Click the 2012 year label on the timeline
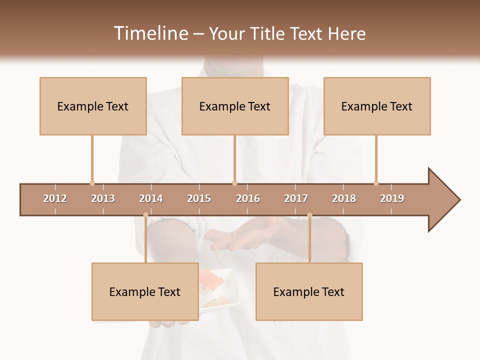[x=55, y=198]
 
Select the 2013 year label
[x=103, y=198]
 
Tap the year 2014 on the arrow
[x=151, y=198]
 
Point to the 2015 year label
[x=199, y=198]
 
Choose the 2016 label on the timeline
[x=248, y=198]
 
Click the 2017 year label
[x=296, y=198]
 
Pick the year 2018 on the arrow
[x=344, y=198]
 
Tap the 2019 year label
[x=392, y=198]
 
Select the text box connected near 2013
[x=93, y=106]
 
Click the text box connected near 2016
[x=235, y=106]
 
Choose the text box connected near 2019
[x=377, y=106]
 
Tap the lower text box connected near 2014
[x=145, y=291]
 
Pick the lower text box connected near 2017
[x=309, y=291]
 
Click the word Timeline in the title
[x=150, y=33]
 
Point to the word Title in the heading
[x=268, y=33]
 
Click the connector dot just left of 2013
[x=92, y=183]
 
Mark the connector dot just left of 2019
[x=376, y=183]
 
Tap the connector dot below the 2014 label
[x=145, y=215]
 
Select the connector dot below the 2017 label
[x=309, y=215]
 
